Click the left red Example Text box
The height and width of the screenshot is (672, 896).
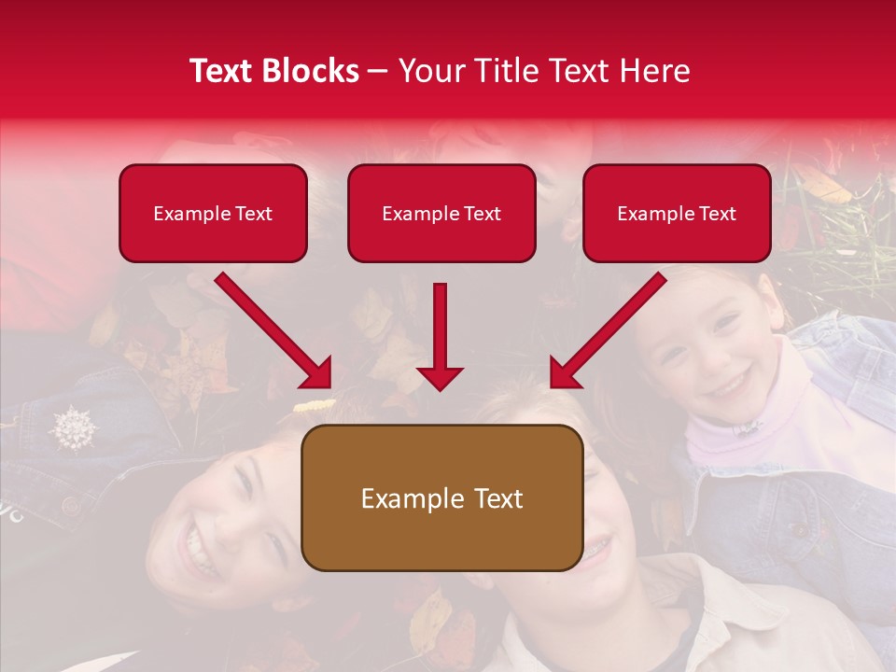click(x=213, y=214)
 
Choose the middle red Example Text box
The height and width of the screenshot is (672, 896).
click(x=441, y=214)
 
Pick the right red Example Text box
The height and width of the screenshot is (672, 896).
click(x=677, y=214)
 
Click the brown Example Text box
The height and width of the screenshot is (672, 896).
click(x=441, y=498)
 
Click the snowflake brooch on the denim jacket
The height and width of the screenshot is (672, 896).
click(x=74, y=427)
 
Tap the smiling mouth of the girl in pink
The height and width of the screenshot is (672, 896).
click(x=731, y=383)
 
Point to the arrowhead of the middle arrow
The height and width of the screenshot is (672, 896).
click(x=440, y=377)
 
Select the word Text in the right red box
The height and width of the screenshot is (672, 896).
click(x=718, y=214)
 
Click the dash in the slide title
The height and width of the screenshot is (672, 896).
click(x=379, y=71)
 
